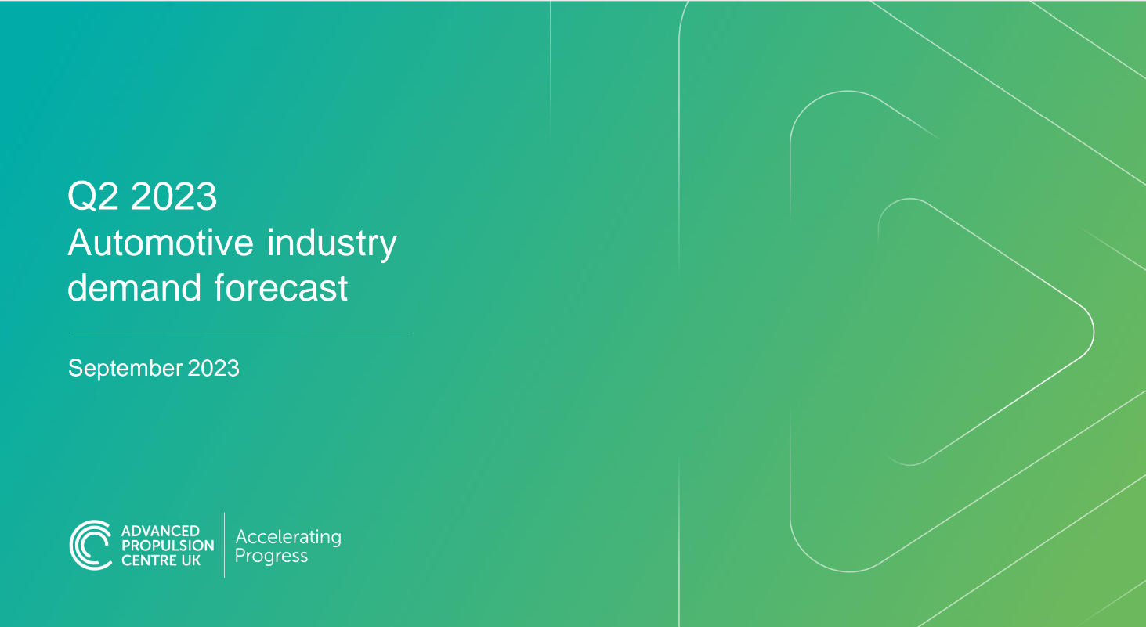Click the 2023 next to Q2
(174, 196)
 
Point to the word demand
(134, 288)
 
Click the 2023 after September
(214, 367)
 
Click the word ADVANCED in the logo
(161, 532)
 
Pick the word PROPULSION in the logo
(168, 546)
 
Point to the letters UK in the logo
(192, 560)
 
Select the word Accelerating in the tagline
(288, 537)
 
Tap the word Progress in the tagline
(271, 557)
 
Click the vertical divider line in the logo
(225, 545)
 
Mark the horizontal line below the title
(240, 333)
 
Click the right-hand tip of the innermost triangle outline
(1092, 330)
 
